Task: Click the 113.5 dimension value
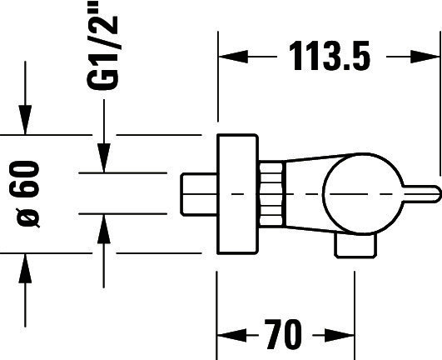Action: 330,56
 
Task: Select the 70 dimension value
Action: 283,334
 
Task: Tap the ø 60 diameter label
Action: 24,194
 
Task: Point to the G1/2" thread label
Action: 102,45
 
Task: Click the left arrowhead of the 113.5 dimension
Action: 233,57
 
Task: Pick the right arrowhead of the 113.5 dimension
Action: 425,57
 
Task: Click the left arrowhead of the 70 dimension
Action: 232,335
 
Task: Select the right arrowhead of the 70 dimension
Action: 340,335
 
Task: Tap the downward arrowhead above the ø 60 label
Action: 25,120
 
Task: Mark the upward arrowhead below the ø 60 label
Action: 25,268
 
